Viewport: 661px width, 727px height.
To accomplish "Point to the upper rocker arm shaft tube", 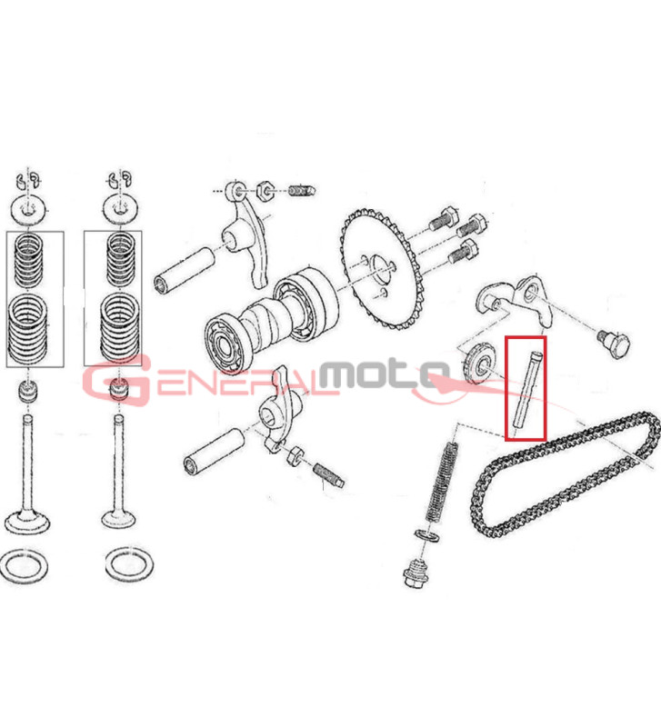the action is pyautogui.click(x=185, y=271).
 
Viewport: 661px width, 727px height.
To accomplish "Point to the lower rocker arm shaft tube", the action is pyautogui.click(x=214, y=451).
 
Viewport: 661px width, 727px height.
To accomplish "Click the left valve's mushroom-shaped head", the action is pyautogui.click(x=27, y=522).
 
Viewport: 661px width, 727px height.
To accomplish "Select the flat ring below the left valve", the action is pyautogui.click(x=25, y=566).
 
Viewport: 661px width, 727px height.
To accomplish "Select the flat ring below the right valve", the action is pyautogui.click(x=129, y=564).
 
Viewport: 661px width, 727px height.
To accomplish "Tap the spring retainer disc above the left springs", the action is pyautogui.click(x=29, y=211).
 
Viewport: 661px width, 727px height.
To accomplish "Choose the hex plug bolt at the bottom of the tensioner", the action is pyautogui.click(x=416, y=573).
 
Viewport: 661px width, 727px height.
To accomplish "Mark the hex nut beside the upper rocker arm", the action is pyautogui.click(x=264, y=191).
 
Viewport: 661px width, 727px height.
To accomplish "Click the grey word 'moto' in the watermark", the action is pyautogui.click(x=386, y=373).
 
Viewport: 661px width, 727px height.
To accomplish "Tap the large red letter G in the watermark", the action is pyautogui.click(x=117, y=380).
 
